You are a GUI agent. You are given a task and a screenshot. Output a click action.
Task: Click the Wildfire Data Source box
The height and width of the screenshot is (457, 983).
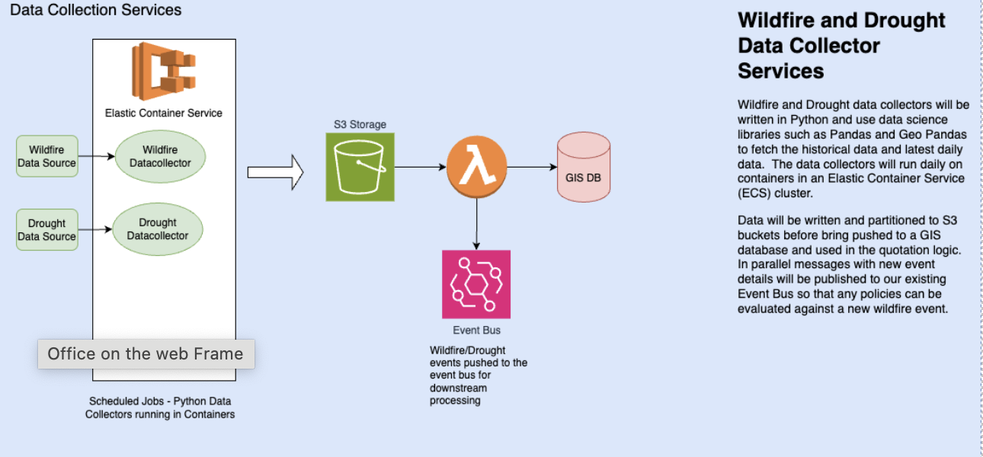(47, 156)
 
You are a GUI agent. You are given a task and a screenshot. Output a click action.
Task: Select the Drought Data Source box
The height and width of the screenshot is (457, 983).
(47, 229)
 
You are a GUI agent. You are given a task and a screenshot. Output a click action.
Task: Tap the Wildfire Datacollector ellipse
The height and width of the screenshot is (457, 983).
(158, 156)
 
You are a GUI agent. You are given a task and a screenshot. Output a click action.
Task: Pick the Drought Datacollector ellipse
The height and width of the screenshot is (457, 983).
(158, 229)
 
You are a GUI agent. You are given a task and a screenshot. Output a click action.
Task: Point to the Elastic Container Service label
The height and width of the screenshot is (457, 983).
(164, 113)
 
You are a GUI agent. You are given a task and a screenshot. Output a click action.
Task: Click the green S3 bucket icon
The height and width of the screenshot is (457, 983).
(360, 167)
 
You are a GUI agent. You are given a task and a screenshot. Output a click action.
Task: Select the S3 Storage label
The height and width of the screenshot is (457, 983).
(360, 124)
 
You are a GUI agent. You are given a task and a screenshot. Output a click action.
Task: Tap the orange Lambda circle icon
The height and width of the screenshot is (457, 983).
(476, 167)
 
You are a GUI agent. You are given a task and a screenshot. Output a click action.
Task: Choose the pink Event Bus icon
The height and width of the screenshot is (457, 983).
(476, 284)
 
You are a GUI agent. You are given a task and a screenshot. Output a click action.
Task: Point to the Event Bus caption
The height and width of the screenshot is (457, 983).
(476, 331)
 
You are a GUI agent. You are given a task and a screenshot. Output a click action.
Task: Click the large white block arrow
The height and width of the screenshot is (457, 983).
(275, 172)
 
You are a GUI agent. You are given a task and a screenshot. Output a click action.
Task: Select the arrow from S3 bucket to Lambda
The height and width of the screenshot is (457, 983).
(419, 167)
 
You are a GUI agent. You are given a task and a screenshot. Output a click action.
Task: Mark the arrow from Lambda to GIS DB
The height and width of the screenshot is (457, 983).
(532, 167)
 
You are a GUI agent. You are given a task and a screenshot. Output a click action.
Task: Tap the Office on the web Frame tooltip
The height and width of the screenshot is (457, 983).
(146, 353)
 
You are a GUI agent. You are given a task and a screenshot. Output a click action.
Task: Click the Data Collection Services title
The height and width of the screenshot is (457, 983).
(96, 10)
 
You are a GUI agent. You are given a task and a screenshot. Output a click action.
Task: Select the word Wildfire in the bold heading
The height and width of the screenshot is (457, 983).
(782, 21)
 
